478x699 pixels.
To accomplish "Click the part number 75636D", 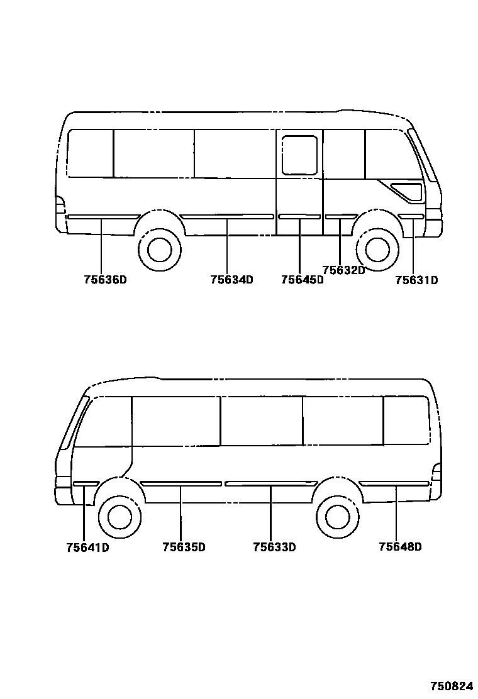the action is point(105,280).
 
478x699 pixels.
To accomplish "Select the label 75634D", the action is point(231,280).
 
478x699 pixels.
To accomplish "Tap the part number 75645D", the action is point(302,280).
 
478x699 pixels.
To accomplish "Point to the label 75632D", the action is point(343,270).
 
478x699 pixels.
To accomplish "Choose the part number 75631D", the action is point(416,280).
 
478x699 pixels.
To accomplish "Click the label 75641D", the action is point(87,548).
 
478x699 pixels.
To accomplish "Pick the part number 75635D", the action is point(184,548).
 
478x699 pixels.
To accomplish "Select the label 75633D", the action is point(274,548).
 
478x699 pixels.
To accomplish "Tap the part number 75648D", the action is point(400,547).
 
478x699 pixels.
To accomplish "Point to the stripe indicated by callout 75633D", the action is point(270,483).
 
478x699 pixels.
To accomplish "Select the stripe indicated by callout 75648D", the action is point(394,483).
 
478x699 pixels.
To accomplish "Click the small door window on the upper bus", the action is point(299,155).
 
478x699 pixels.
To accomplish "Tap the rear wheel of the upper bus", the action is point(155,249).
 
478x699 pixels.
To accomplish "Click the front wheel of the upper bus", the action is point(377,249).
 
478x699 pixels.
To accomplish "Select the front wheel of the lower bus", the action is point(119,516).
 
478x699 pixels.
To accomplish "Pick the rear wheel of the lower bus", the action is point(338,516).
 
